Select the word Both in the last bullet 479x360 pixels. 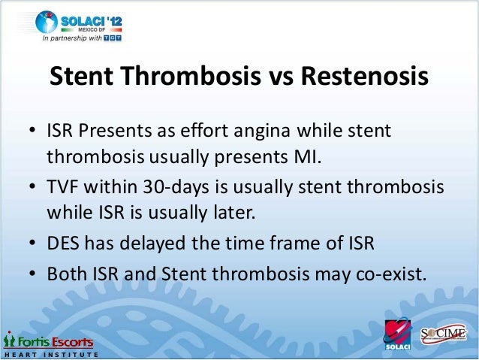click(65, 274)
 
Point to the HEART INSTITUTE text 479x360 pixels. click(45, 352)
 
